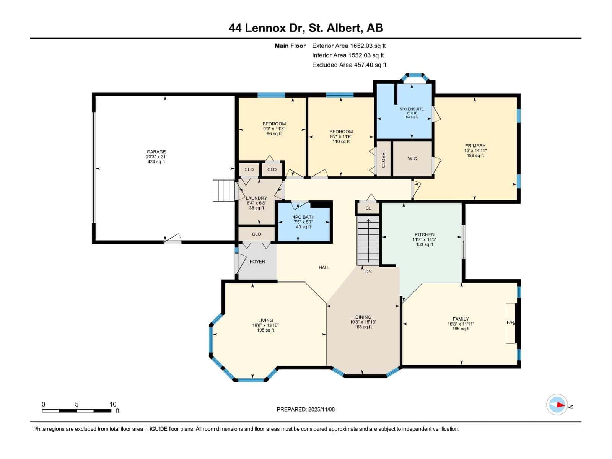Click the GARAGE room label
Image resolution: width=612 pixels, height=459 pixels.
(156, 152)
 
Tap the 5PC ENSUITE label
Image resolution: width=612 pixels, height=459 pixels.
(412, 109)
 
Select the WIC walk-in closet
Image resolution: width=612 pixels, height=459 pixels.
(412, 159)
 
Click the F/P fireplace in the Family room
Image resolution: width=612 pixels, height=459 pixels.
(511, 323)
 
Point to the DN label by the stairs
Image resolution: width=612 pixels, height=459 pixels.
(368, 272)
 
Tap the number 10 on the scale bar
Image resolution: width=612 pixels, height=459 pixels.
(113, 404)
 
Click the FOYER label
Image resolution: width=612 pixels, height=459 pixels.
(257, 262)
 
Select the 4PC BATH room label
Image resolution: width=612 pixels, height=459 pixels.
(303, 217)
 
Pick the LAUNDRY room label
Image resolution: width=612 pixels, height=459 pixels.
(256, 198)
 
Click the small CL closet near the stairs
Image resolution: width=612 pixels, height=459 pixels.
(368, 208)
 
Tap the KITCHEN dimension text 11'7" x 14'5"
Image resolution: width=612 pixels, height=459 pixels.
(424, 239)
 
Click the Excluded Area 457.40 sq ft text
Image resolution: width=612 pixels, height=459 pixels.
(349, 65)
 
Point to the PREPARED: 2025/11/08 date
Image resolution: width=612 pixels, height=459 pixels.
(306, 409)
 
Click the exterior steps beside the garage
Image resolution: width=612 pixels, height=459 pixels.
(223, 190)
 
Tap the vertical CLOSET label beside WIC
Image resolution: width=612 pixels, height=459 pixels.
(384, 159)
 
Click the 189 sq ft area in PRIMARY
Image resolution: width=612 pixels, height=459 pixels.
(475, 156)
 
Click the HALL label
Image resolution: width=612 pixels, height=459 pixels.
(324, 267)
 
